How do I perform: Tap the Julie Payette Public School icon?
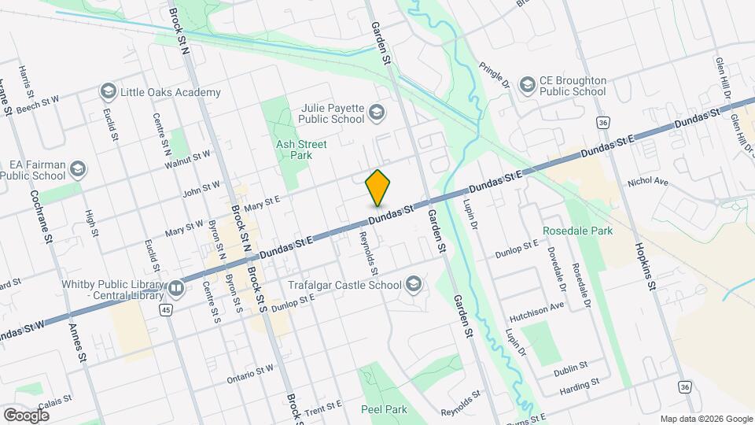(377, 112)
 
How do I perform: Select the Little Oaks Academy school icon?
(108, 92)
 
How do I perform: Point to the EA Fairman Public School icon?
(78, 168)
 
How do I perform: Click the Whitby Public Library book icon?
(176, 289)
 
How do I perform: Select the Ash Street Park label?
(294, 150)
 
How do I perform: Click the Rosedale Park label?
(577, 231)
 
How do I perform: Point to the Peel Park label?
(384, 409)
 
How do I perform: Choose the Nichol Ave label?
(647, 183)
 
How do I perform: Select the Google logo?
(26, 416)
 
